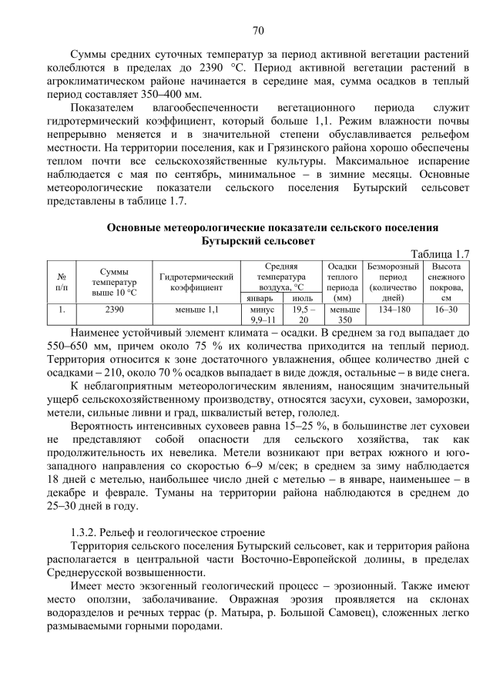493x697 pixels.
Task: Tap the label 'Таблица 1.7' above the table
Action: point(440,254)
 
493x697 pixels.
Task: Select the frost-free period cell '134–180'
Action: point(394,309)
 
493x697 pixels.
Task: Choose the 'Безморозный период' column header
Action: point(394,282)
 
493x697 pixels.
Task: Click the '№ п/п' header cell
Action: point(62,282)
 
